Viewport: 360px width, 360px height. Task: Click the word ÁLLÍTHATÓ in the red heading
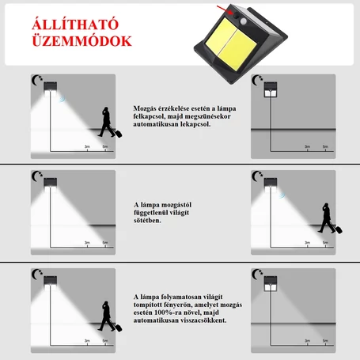click(75, 25)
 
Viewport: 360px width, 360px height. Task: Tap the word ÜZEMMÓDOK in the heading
click(81, 41)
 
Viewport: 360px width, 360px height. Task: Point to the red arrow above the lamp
click(225, 9)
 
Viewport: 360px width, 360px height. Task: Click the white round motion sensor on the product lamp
click(244, 21)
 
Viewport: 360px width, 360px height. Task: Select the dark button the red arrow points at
click(235, 15)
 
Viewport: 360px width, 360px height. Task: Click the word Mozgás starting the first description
click(145, 108)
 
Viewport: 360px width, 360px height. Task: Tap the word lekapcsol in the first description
click(195, 124)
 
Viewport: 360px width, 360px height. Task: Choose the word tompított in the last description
click(147, 305)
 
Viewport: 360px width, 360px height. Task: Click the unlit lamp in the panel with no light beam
click(271, 89)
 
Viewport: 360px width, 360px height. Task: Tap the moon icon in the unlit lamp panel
click(256, 80)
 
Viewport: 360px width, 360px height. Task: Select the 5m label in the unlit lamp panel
click(325, 146)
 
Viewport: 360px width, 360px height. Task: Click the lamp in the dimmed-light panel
click(271, 284)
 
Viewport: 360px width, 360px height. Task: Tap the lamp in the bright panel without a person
click(51, 184)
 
